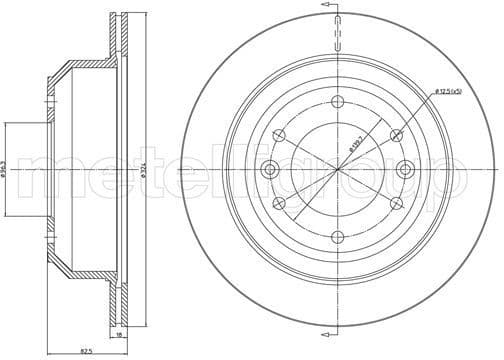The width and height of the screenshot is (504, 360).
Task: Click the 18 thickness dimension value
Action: [x=118, y=339]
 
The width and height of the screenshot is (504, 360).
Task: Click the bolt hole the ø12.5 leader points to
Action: [x=397, y=135]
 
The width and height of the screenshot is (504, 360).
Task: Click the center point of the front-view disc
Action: [x=339, y=169]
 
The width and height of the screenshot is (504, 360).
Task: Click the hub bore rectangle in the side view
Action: [x=25, y=169]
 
